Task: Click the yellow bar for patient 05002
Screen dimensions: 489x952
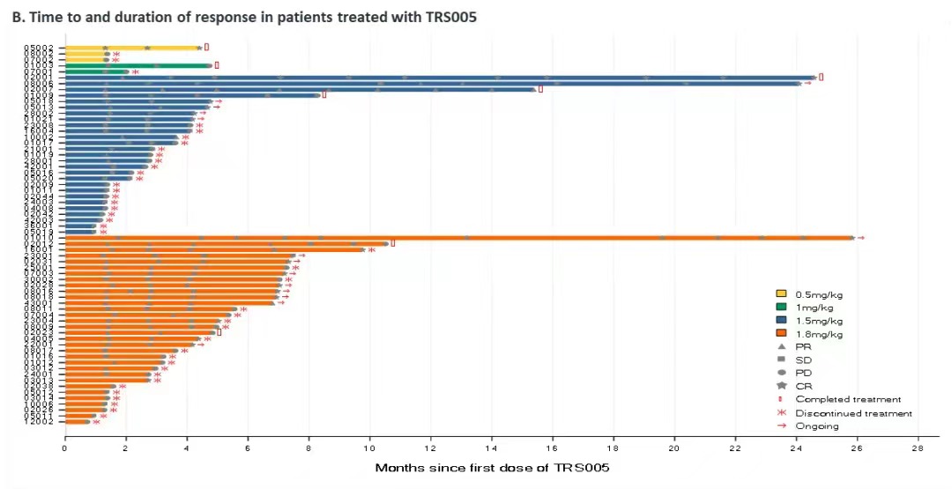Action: pos(132,48)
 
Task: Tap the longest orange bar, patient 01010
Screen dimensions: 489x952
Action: pos(458,237)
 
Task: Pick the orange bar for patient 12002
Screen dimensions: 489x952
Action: pos(77,421)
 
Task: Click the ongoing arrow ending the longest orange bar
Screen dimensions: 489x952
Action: pos(861,237)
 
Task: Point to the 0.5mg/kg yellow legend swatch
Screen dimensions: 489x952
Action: pos(781,293)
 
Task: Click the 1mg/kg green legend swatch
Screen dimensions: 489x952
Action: pos(781,307)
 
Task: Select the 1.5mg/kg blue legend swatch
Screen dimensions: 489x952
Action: pos(781,321)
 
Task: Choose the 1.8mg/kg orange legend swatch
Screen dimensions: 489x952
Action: pos(781,334)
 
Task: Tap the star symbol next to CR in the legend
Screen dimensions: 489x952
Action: pos(781,386)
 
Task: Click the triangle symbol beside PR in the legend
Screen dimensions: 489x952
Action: pos(781,347)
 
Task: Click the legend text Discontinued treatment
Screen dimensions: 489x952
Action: pos(853,412)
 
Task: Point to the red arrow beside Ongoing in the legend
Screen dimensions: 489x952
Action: pos(781,426)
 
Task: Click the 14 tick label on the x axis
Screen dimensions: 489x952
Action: pos(491,448)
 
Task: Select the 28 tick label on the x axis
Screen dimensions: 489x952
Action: pos(918,448)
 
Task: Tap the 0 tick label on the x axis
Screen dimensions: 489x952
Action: pos(64,448)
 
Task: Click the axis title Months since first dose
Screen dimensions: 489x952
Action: pos(492,467)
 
